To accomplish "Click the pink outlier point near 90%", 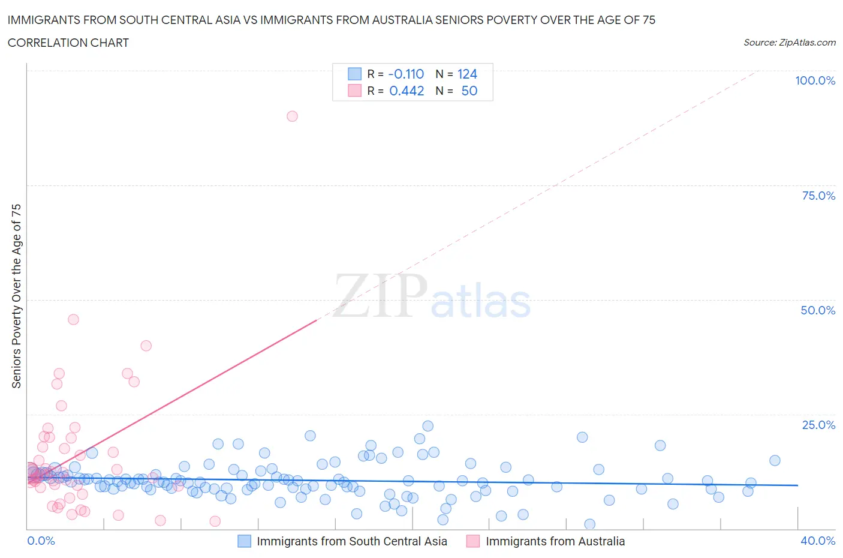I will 292,116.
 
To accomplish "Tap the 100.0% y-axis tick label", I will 815,80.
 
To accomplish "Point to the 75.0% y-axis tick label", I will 818,196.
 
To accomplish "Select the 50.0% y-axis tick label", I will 818,310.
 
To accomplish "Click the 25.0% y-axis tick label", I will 818,425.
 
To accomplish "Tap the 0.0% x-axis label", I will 41,541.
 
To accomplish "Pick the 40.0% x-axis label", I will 818,541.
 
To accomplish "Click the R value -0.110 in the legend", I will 406,74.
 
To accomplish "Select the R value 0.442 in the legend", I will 407,91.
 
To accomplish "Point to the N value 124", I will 467,74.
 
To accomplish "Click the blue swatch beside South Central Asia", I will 244,541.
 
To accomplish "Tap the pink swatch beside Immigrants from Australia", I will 473,541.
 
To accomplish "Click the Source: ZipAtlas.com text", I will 789,42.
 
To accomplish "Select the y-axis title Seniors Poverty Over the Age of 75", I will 17,296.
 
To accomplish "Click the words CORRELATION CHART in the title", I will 68,43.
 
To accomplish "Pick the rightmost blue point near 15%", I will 775,461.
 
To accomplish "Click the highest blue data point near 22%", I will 427,426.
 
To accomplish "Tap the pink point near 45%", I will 73,319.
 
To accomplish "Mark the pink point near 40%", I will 146,346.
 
